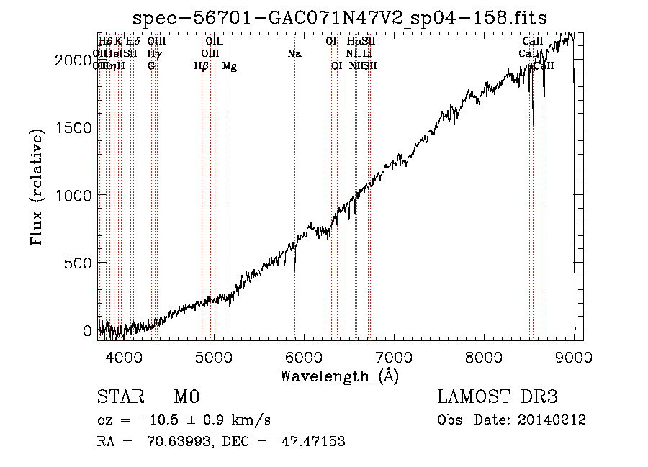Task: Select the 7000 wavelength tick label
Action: tap(393, 357)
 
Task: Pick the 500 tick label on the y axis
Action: tap(78, 263)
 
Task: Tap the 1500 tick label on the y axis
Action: tap(73, 127)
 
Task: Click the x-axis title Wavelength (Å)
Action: tap(339, 376)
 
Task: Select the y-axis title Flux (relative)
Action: tap(36, 186)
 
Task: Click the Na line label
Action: tap(294, 54)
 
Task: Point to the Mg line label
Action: tap(230, 66)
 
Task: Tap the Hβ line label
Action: tap(202, 66)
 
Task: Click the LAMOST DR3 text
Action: tap(498, 397)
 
